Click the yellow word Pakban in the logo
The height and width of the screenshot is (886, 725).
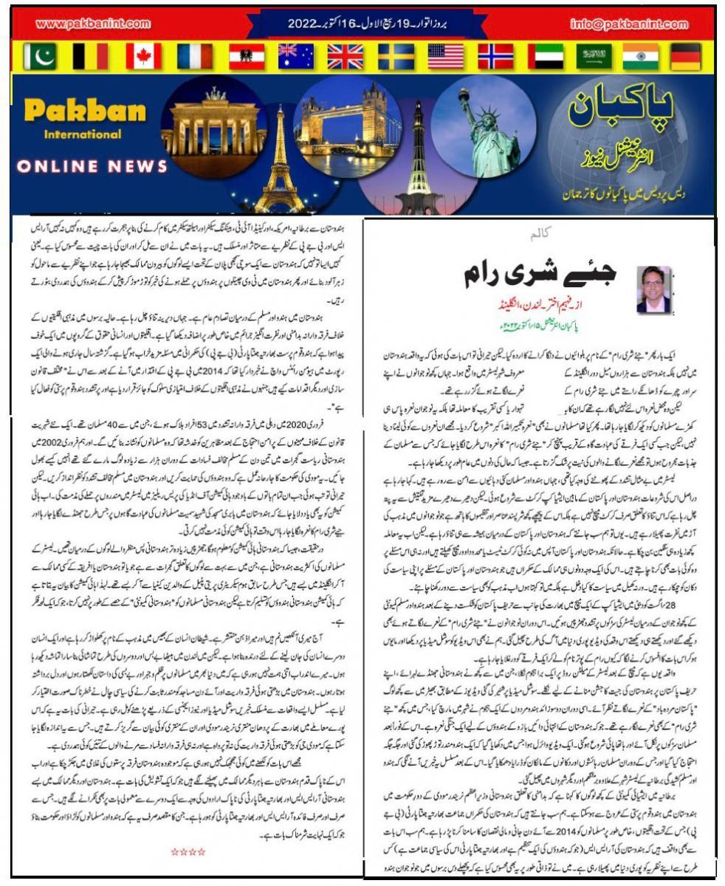tap(84, 112)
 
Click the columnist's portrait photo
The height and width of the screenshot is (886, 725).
tap(653, 290)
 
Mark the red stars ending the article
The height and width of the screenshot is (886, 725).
tap(188, 851)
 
